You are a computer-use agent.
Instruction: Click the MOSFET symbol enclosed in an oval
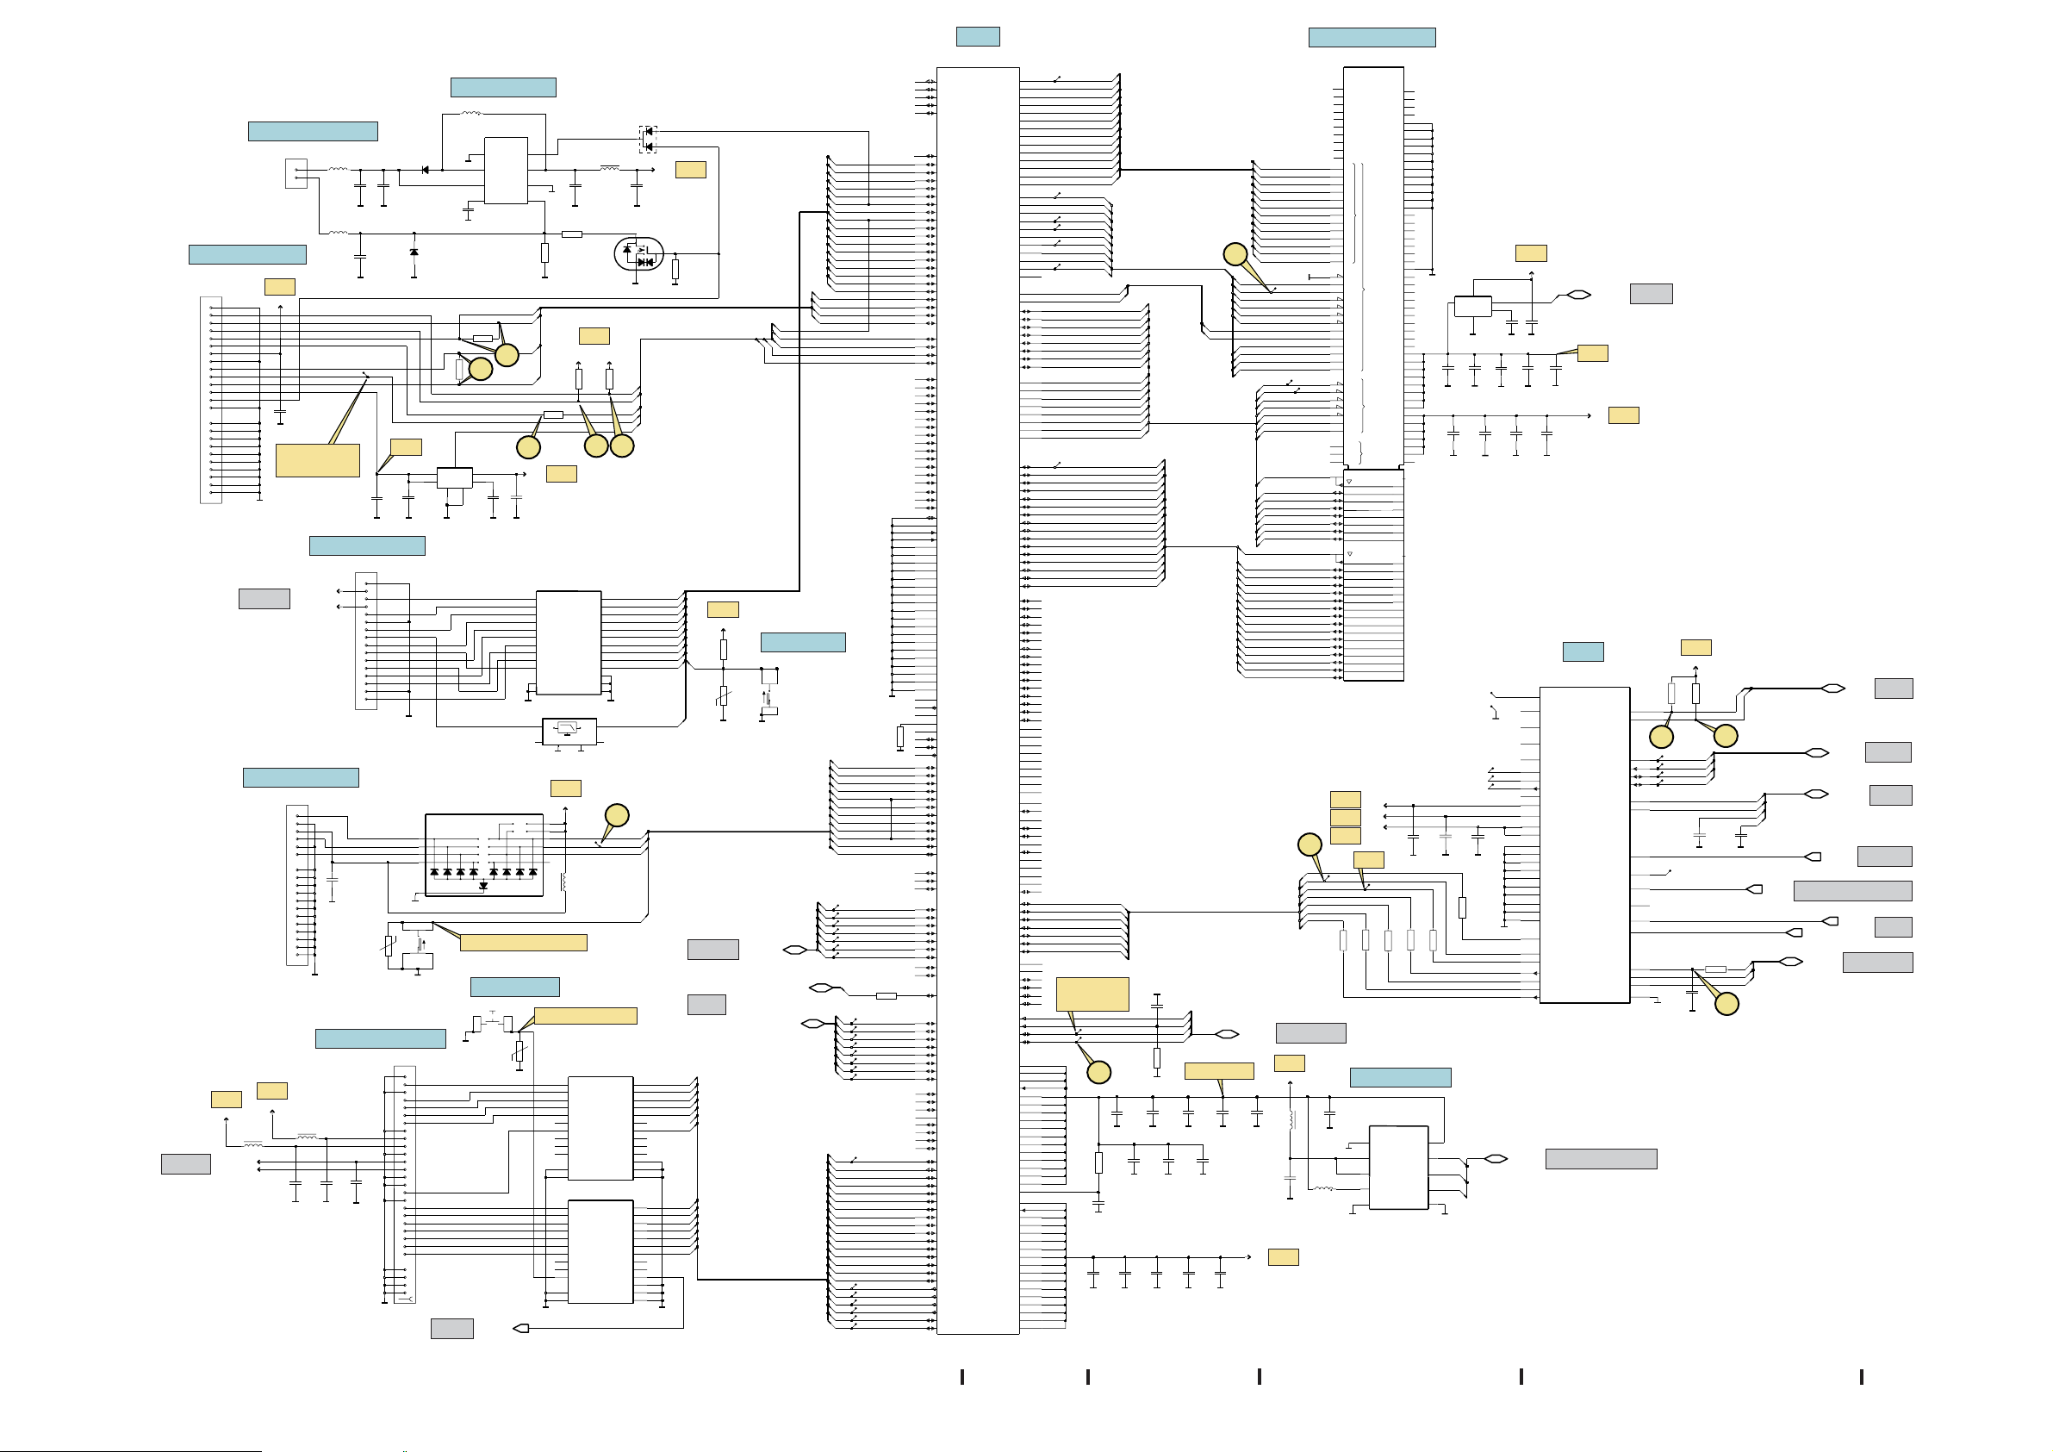coord(638,253)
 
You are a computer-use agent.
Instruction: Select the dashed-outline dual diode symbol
coord(648,140)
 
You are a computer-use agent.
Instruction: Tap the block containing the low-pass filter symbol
coord(569,730)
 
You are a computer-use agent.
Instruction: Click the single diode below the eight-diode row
coord(483,886)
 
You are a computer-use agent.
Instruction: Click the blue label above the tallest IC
coord(977,37)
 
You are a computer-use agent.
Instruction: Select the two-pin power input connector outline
coord(296,173)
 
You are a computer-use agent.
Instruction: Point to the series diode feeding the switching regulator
coord(425,170)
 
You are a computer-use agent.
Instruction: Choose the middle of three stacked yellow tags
coord(1345,818)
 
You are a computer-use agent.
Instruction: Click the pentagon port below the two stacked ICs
coord(521,1328)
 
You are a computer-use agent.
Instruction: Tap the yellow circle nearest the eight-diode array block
coord(617,815)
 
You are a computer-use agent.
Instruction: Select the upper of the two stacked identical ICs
coord(600,1128)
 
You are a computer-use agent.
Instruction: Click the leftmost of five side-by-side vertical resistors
coord(1343,940)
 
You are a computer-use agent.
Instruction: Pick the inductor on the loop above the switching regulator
coord(471,114)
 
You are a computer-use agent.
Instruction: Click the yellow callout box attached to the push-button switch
coord(585,1015)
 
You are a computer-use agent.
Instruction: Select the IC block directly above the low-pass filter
coord(568,641)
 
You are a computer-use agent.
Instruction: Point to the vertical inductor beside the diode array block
coord(563,882)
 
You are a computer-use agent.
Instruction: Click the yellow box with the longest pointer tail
coord(317,460)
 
